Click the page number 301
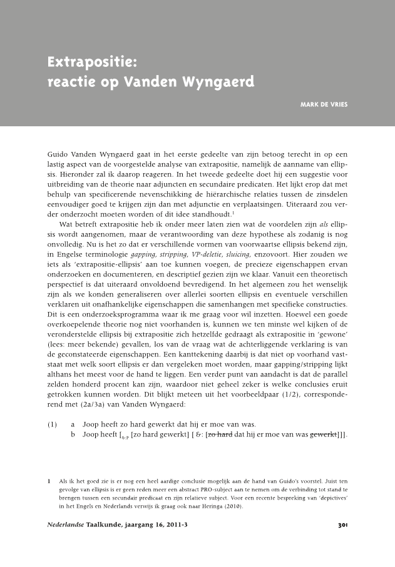point(342,525)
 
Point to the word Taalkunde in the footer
point(105,525)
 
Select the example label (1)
point(53,424)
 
